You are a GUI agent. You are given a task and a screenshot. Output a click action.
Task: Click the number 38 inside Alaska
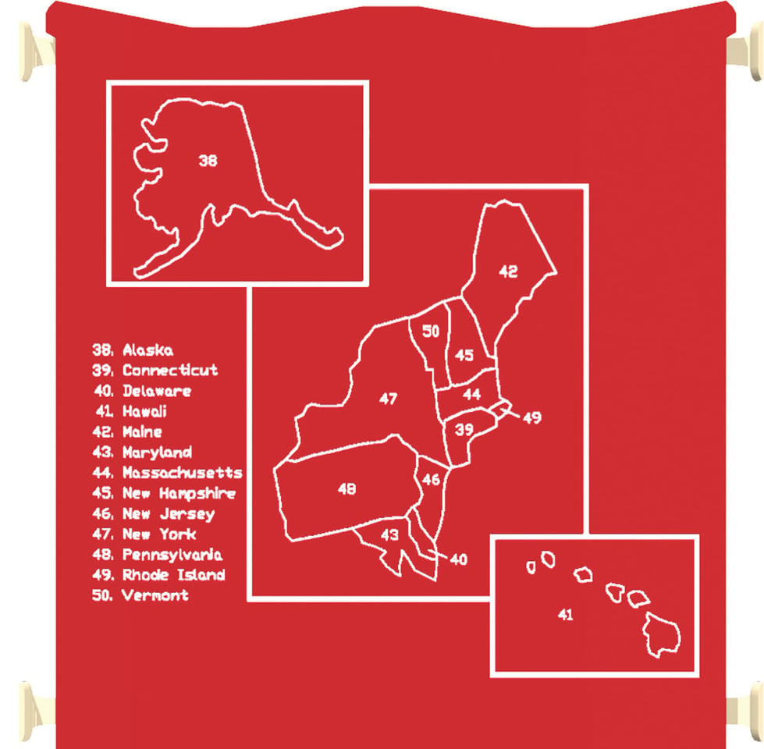click(x=208, y=160)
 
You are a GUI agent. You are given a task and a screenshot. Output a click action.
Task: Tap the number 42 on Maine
click(x=508, y=272)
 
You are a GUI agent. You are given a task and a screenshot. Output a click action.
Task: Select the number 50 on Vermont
click(x=431, y=331)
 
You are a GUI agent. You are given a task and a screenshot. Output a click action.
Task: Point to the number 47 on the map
click(x=389, y=399)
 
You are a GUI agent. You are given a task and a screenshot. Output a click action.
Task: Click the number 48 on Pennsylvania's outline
click(x=347, y=488)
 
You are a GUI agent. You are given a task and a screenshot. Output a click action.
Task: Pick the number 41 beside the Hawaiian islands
click(x=565, y=615)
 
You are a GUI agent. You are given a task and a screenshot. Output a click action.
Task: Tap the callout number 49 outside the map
click(x=532, y=417)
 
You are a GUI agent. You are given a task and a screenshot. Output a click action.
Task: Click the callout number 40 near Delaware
click(x=459, y=559)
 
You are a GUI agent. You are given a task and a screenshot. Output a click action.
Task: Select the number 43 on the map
click(x=389, y=535)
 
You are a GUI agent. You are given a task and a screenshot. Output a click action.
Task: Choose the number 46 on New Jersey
click(x=432, y=480)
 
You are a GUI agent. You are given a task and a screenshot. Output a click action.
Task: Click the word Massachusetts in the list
click(x=183, y=472)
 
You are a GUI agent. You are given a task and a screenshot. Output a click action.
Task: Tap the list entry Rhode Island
click(x=173, y=575)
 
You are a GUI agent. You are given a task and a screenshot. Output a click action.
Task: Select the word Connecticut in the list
click(x=170, y=370)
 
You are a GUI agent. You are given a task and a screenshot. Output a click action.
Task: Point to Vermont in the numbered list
click(x=155, y=595)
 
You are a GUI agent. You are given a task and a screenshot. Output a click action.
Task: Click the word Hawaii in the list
click(x=144, y=411)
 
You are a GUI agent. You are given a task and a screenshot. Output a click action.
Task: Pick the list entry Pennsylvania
click(x=172, y=555)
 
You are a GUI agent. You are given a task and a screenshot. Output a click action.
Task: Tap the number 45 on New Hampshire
click(x=464, y=355)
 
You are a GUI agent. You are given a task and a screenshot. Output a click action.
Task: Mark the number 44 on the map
click(x=471, y=394)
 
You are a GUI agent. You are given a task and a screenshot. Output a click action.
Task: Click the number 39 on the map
click(x=464, y=430)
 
